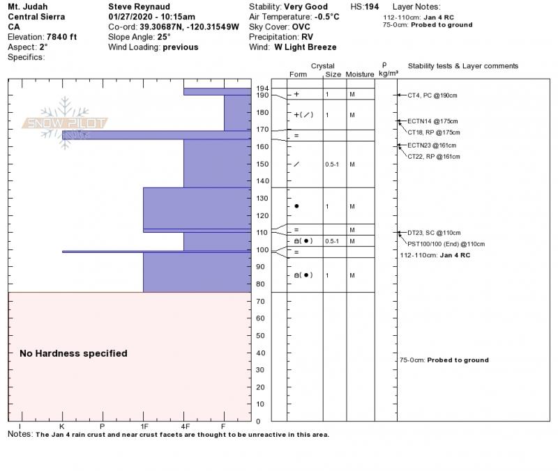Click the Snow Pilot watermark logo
click(x=64, y=123)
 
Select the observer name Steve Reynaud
click(x=139, y=7)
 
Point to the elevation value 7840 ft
click(x=61, y=37)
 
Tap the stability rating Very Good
click(x=306, y=7)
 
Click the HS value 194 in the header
click(x=372, y=7)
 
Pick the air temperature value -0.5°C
click(x=326, y=17)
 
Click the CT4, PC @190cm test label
click(x=432, y=95)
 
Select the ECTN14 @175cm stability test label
click(x=432, y=121)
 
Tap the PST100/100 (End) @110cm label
click(x=446, y=244)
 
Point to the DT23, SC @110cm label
click(x=434, y=233)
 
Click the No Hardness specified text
click(x=73, y=353)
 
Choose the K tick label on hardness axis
click(x=62, y=426)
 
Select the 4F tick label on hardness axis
click(x=185, y=426)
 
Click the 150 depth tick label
click(x=262, y=164)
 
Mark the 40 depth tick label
click(x=260, y=353)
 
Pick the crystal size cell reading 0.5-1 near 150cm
click(x=332, y=164)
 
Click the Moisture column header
click(x=360, y=75)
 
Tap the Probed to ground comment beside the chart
click(x=458, y=360)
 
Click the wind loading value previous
click(x=181, y=47)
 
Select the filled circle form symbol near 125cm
click(x=296, y=206)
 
